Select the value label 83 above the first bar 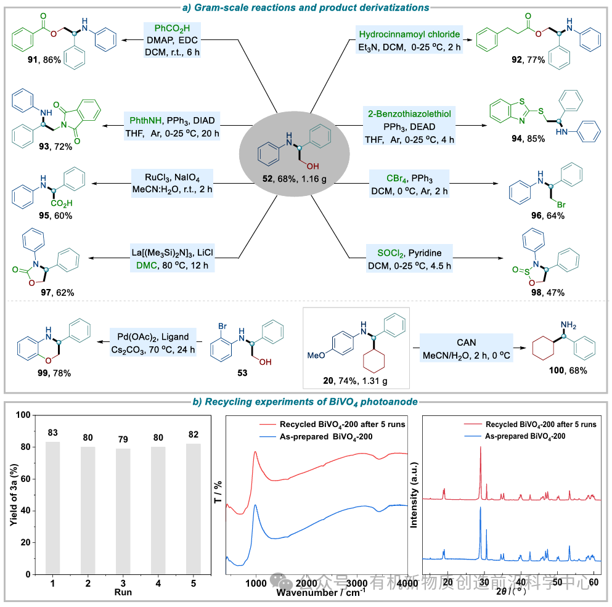[52, 433]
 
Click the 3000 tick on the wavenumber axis [356, 583]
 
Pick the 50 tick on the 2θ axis [557, 582]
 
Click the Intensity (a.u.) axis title [414, 493]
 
